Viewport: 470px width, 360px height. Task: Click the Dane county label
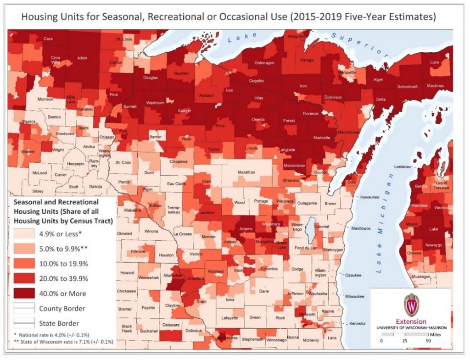264,290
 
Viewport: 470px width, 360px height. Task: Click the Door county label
352,182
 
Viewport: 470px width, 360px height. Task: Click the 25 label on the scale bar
404,341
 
